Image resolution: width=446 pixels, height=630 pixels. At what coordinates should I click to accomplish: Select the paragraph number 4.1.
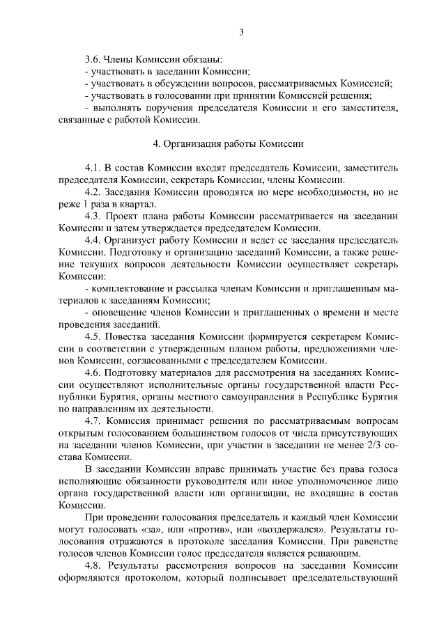click(x=93, y=168)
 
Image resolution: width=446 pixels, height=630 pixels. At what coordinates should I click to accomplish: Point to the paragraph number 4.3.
click(x=93, y=216)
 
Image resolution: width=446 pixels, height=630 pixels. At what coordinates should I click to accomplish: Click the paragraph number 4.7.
click(x=93, y=420)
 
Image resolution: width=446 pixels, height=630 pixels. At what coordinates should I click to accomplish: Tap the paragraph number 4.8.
click(x=93, y=565)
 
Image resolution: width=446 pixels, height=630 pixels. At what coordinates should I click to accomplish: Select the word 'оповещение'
click(x=118, y=313)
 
